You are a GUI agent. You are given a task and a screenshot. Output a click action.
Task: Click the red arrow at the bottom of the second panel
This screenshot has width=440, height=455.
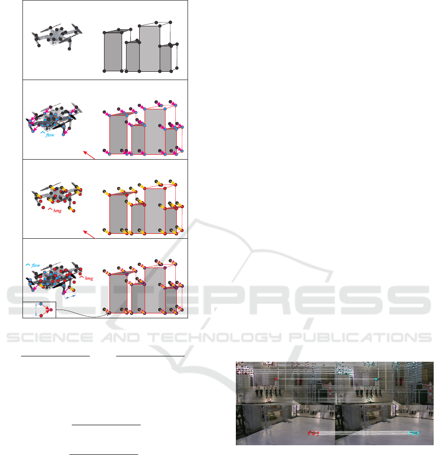pos(89,155)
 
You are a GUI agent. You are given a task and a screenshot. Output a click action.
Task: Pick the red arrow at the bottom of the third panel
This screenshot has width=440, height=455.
pos(89,234)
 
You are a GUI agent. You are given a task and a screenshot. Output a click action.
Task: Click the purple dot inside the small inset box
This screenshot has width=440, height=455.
pos(51,310)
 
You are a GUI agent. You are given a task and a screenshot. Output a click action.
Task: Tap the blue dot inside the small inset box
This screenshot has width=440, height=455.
pos(41,304)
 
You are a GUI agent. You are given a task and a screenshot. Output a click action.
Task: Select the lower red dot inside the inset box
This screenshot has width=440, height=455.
pos(41,315)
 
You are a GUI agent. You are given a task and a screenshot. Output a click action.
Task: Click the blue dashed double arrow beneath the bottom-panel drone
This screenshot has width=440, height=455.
pos(70,296)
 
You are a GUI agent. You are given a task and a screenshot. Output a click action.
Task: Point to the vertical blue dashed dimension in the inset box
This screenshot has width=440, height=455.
pos(36,310)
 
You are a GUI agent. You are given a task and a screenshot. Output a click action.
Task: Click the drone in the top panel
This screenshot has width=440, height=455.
pos(57,37)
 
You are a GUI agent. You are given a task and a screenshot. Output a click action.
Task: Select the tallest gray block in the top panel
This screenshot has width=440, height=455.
pos(150,48)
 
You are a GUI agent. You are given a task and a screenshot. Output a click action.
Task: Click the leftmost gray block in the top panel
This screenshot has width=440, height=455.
pos(113,52)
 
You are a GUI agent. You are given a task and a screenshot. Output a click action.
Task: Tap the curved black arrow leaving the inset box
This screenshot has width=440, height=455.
pos(83,314)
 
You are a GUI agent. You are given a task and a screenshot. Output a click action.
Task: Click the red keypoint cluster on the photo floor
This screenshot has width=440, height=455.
pos(314,433)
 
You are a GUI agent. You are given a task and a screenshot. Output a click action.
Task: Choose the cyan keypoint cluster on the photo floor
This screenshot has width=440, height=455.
pos(413,433)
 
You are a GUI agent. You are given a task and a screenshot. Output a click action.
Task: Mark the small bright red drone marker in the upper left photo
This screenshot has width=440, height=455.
pos(276,379)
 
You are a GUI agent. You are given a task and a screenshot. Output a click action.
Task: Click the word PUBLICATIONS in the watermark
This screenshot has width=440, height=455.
pos(360,337)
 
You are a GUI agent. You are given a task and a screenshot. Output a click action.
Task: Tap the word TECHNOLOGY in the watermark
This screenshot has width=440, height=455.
pos(214,337)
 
